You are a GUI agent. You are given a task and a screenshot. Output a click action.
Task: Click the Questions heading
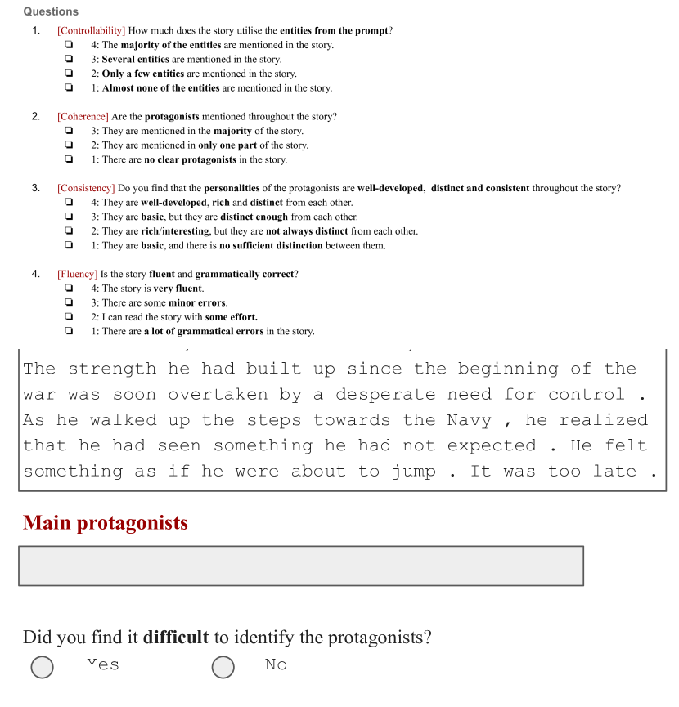(51, 11)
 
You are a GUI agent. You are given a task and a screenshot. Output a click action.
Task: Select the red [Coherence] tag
(83, 117)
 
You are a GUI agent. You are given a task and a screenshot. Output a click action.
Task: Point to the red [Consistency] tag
(86, 188)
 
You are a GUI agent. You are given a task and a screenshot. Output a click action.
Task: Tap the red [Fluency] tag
(77, 274)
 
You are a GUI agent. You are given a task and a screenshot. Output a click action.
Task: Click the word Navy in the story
(469, 420)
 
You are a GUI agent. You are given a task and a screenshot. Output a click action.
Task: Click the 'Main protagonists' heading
(106, 523)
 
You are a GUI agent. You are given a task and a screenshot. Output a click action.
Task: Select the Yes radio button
(43, 667)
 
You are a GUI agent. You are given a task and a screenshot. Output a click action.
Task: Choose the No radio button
(223, 667)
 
